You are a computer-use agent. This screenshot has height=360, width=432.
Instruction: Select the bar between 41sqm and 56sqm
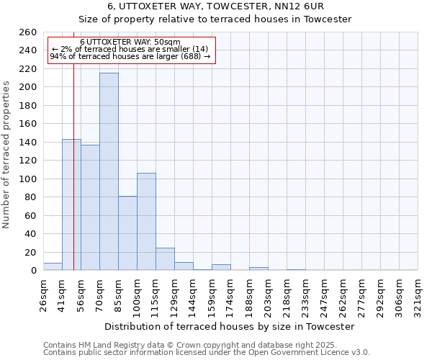click(71, 204)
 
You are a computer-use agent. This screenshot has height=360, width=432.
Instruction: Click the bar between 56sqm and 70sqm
click(90, 207)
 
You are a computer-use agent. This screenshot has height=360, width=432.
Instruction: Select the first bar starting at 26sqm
click(53, 266)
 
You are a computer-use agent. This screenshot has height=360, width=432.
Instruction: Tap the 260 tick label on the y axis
click(28, 32)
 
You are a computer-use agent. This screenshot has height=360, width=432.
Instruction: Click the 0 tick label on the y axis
click(34, 271)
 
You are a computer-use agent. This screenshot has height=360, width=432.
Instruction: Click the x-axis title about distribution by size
click(230, 326)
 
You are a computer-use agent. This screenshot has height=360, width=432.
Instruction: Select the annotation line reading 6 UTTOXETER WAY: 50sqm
click(130, 42)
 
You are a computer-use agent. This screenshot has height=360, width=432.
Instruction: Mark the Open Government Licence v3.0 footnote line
click(206, 353)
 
